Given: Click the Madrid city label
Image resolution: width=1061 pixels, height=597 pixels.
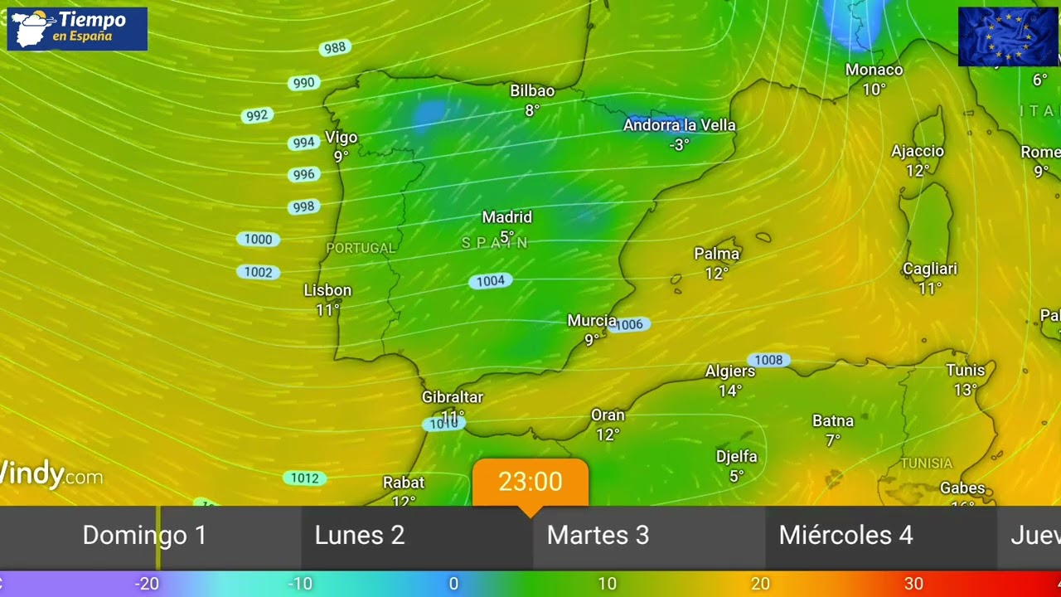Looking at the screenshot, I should tap(506, 217).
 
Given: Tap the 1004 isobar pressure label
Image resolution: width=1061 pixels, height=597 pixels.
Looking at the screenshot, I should tap(490, 281).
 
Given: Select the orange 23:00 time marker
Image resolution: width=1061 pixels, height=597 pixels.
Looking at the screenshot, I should tap(530, 482).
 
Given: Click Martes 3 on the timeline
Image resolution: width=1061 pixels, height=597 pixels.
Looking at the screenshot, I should tap(598, 536).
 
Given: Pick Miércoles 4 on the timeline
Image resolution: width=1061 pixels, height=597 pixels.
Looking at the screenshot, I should tap(845, 536).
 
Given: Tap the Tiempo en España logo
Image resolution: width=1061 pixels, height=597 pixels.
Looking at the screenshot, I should tap(77, 28).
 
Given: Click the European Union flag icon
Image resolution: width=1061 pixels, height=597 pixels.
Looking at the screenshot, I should tap(1007, 36).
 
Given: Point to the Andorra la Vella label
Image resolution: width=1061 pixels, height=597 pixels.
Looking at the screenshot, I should tap(679, 125).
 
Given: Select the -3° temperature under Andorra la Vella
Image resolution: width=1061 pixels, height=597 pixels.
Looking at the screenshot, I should tap(679, 144).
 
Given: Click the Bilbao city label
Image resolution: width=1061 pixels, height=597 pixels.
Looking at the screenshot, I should tap(532, 90).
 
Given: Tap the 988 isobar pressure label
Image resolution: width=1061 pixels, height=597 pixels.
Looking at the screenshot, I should tap(334, 48).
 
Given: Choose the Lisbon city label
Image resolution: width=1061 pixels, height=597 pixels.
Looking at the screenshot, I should tap(327, 290).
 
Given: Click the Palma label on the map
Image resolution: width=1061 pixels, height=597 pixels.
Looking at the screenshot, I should tap(716, 254).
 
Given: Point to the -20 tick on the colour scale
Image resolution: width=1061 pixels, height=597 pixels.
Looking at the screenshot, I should tap(147, 584).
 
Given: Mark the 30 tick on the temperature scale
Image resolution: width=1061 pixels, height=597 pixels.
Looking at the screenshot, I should tap(913, 584).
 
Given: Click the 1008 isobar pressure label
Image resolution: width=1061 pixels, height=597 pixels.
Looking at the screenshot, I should tap(768, 360).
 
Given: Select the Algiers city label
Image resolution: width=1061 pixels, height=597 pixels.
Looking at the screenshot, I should tap(729, 371).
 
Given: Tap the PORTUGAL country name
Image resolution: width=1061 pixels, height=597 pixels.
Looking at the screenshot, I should tap(361, 248).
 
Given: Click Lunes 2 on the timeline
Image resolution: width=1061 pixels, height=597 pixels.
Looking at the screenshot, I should tap(360, 536).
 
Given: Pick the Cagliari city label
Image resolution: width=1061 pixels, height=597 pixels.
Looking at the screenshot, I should tap(929, 269).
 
